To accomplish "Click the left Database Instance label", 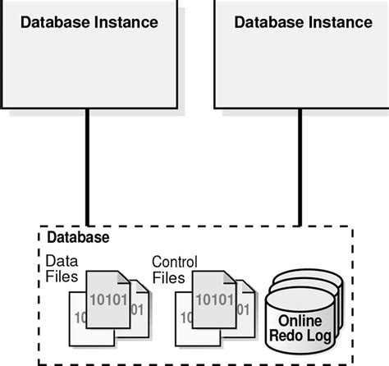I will tap(89, 22).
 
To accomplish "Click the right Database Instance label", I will tap(302, 22).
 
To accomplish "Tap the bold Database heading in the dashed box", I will tap(79, 238).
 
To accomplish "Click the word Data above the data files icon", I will tap(61, 261).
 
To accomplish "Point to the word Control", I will tap(174, 262).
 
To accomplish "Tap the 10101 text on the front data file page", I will tap(107, 298).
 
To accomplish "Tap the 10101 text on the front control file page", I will tap(215, 298).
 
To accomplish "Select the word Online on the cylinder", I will tap(300, 321).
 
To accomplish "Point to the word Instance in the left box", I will tap(129, 22).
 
